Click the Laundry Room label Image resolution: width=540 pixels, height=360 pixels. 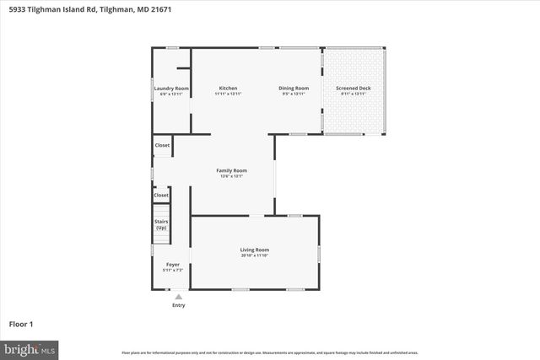(170, 89)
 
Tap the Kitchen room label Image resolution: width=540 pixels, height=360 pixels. (228, 89)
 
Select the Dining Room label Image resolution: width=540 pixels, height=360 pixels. (294, 89)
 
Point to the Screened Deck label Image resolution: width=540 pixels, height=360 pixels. (353, 89)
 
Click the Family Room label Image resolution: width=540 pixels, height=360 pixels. (231, 171)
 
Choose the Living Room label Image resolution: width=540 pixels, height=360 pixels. (255, 250)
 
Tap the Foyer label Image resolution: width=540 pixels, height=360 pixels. (172, 265)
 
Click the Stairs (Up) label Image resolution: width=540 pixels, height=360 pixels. (161, 224)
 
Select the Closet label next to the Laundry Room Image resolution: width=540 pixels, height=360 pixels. (162, 145)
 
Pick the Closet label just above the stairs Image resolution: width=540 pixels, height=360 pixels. (161, 195)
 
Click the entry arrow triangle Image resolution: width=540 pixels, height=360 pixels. (178, 296)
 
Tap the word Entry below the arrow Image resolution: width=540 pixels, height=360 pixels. (178, 305)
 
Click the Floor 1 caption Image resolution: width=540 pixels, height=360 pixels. (20, 324)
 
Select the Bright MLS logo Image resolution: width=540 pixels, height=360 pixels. (29, 348)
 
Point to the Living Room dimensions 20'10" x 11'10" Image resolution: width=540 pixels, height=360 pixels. (255, 255)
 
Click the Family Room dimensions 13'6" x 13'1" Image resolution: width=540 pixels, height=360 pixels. (231, 177)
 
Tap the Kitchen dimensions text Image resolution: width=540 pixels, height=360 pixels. (228, 94)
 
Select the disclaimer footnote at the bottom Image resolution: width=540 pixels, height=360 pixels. (270, 352)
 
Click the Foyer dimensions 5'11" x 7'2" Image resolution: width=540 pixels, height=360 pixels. (172, 270)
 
